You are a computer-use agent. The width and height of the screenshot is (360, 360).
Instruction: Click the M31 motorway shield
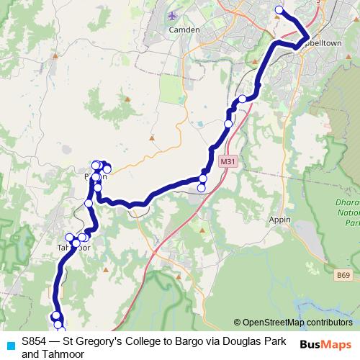pyautogui.click(x=228, y=161)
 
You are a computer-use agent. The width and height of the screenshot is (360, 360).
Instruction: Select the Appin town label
pyautogui.click(x=281, y=219)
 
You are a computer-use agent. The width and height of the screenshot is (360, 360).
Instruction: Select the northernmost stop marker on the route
pyautogui.click(x=279, y=10)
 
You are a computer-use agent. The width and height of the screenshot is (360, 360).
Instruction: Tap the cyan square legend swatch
pyautogui.click(x=10, y=343)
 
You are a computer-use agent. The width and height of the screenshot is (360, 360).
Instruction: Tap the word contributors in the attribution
pyautogui.click(x=326, y=323)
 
